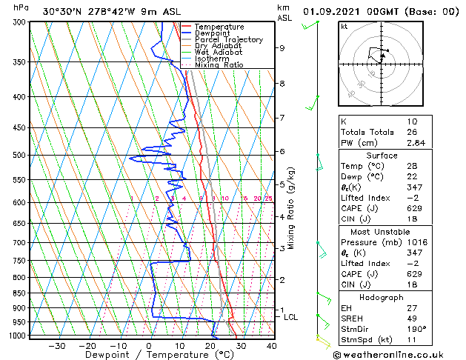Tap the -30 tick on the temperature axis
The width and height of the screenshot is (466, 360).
click(x=56, y=346)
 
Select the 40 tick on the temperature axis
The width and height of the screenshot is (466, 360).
click(x=272, y=346)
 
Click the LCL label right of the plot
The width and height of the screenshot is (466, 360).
click(x=291, y=317)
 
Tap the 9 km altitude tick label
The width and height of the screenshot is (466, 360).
click(x=282, y=48)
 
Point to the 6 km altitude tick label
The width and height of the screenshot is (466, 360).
click(x=282, y=151)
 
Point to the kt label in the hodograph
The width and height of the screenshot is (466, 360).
click(x=344, y=27)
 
